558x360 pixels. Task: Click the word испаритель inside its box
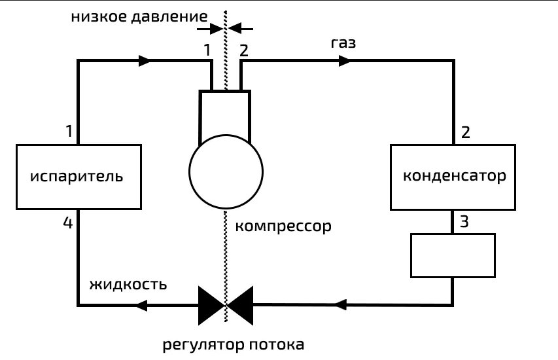click(x=77, y=177)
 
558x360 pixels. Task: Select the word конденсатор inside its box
click(x=455, y=177)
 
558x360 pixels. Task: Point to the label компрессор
click(x=283, y=227)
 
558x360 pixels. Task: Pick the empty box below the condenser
click(x=452, y=255)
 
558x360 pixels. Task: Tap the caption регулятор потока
click(x=234, y=344)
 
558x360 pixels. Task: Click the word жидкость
click(x=128, y=285)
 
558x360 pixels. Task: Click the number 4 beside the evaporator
click(x=68, y=223)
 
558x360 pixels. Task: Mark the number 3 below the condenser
click(x=464, y=221)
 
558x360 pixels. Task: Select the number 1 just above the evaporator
click(x=69, y=132)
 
